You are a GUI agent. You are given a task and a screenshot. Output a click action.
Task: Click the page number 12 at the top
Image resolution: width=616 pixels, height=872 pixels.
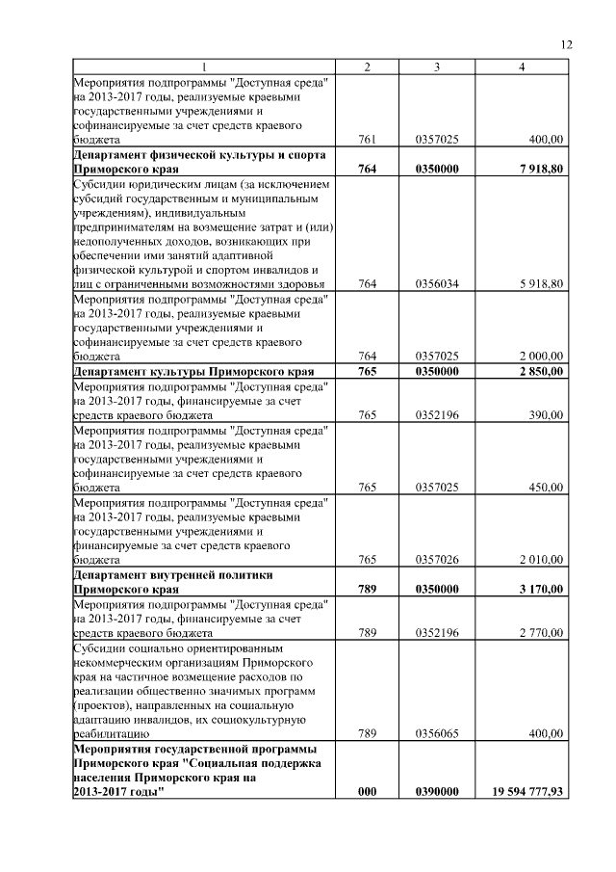(x=566, y=44)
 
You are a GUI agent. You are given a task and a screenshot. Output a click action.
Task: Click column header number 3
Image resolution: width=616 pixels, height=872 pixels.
(x=437, y=66)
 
